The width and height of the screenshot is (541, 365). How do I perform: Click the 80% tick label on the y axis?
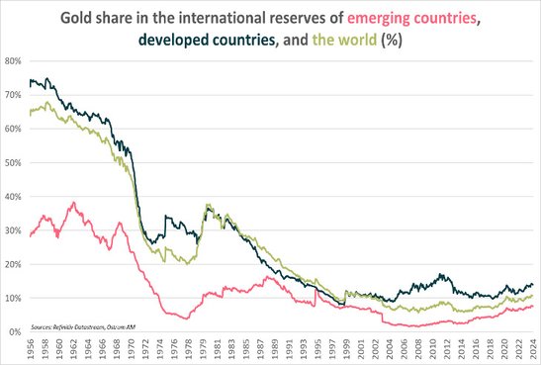(x=14, y=60)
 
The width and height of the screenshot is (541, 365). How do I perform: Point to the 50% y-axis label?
(x=14, y=162)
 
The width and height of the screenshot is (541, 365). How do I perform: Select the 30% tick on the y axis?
(x=14, y=230)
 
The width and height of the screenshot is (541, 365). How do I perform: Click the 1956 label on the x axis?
(x=32, y=349)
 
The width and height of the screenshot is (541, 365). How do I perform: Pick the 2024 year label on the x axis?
(x=532, y=349)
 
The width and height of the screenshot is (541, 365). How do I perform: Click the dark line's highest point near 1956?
(x=34, y=78)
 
